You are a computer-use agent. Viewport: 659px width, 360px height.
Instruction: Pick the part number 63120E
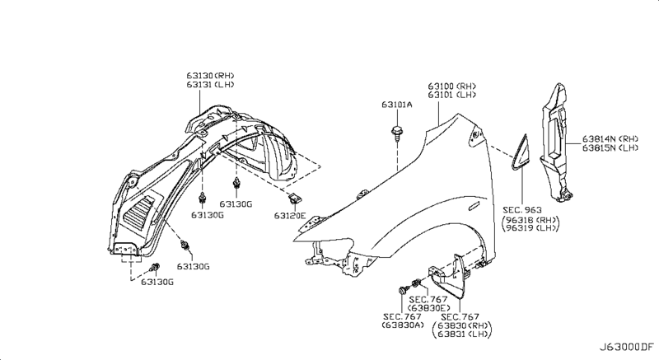coord(290,216)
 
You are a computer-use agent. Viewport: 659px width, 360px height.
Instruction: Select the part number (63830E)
coord(428,307)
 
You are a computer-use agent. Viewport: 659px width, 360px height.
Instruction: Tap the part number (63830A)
coord(402,325)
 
